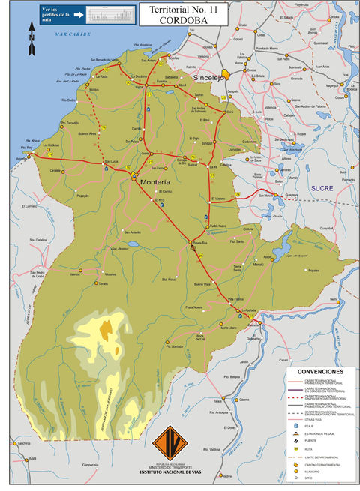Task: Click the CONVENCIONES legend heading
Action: click(x=320, y=372)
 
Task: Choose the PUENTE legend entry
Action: click(x=311, y=441)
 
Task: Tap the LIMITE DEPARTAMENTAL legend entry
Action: click(x=322, y=457)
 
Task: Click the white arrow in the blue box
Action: click(x=77, y=13)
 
